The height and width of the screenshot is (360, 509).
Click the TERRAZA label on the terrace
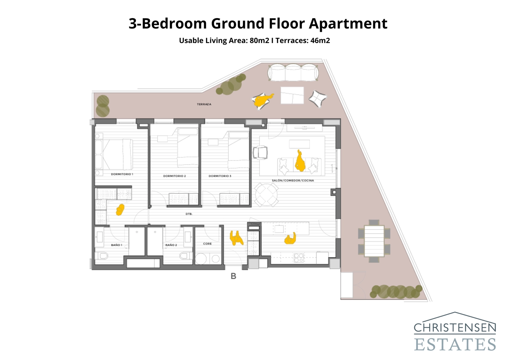[x=204, y=104]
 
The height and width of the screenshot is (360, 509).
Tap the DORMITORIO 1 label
[x=122, y=174]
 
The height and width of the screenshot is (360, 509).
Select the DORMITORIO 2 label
[x=174, y=176]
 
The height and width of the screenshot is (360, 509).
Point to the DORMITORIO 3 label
[x=220, y=176]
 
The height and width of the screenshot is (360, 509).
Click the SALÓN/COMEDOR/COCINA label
[x=293, y=180]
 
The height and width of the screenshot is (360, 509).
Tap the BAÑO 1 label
[x=116, y=245]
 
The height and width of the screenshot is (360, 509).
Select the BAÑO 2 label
[x=171, y=245]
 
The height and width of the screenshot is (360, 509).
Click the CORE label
[x=207, y=244]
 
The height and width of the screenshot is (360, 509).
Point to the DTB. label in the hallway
[x=189, y=214]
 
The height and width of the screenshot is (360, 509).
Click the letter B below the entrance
[x=233, y=276]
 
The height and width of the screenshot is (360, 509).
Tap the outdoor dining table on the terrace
[x=374, y=241]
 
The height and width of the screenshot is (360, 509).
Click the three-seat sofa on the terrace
[x=293, y=73]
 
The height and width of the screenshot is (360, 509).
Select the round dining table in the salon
[x=266, y=194]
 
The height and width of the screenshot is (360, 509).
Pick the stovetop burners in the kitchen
[x=299, y=258]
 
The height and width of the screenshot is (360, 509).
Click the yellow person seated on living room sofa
[x=300, y=162]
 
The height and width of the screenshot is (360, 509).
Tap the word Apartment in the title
[x=348, y=24]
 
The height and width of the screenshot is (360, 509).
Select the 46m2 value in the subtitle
[x=320, y=41]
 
